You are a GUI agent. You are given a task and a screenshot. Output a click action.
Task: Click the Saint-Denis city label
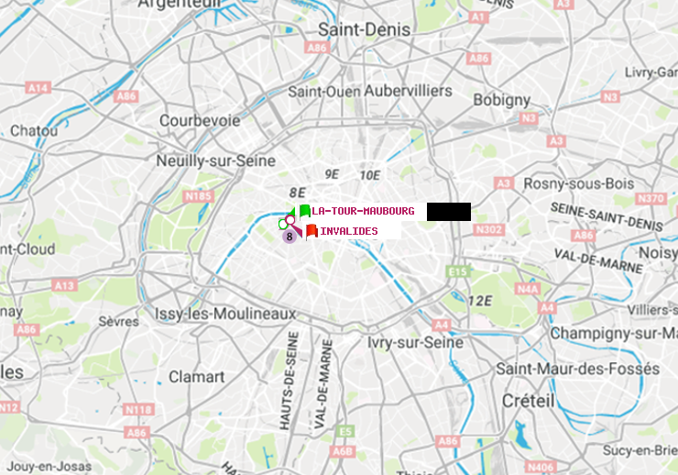tap(364, 29)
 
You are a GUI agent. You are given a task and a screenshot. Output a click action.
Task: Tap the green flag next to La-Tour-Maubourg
tap(304, 211)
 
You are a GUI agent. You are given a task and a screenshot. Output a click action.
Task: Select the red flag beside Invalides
tap(312, 231)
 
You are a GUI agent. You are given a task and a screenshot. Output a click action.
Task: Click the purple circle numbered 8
tap(290, 236)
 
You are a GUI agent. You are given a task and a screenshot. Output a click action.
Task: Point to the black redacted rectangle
tap(448, 211)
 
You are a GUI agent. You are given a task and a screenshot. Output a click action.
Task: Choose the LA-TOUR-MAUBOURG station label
tap(363, 211)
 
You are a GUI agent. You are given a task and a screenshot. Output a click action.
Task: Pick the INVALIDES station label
tap(348, 231)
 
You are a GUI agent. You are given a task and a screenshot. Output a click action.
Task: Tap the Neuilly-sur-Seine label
tap(217, 160)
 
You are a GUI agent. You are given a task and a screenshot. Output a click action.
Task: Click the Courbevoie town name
tap(200, 120)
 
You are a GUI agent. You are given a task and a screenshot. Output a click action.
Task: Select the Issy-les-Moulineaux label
tap(225, 314)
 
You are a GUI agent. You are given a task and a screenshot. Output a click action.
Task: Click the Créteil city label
tap(528, 401)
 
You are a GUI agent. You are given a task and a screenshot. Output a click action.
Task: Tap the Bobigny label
tap(502, 99)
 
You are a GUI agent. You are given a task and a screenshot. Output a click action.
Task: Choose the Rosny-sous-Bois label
tap(578, 183)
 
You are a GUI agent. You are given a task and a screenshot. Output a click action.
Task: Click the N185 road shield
tap(198, 195)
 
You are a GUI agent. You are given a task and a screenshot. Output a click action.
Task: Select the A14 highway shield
tap(37, 88)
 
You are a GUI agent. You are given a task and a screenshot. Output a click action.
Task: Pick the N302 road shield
tap(490, 229)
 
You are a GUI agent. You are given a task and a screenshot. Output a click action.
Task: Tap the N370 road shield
tap(651, 199)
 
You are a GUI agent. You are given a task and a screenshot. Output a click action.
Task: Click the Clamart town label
tap(196, 376)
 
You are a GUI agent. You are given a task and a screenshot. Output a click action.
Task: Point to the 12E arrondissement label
tap(480, 300)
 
